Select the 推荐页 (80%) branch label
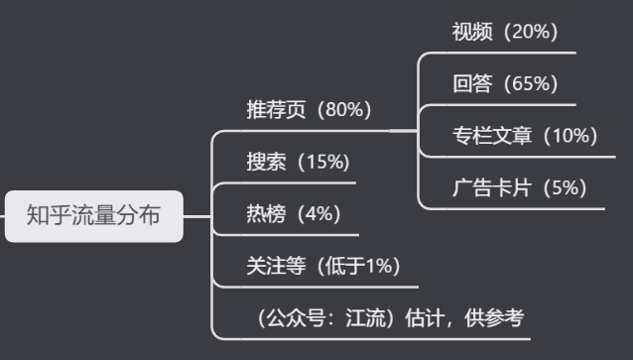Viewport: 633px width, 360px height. pyautogui.click(x=309, y=110)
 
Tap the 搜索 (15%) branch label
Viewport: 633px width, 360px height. pyautogui.click(x=298, y=162)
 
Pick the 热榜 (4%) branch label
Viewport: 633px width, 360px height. pyautogui.click(x=293, y=213)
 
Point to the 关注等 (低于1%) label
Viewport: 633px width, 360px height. pyautogui.click(x=323, y=266)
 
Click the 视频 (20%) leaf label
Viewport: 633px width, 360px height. pyautogui.click(x=505, y=32)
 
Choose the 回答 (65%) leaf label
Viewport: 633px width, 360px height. pyautogui.click(x=505, y=83)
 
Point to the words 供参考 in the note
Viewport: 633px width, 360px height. pyautogui.click(x=500, y=318)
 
